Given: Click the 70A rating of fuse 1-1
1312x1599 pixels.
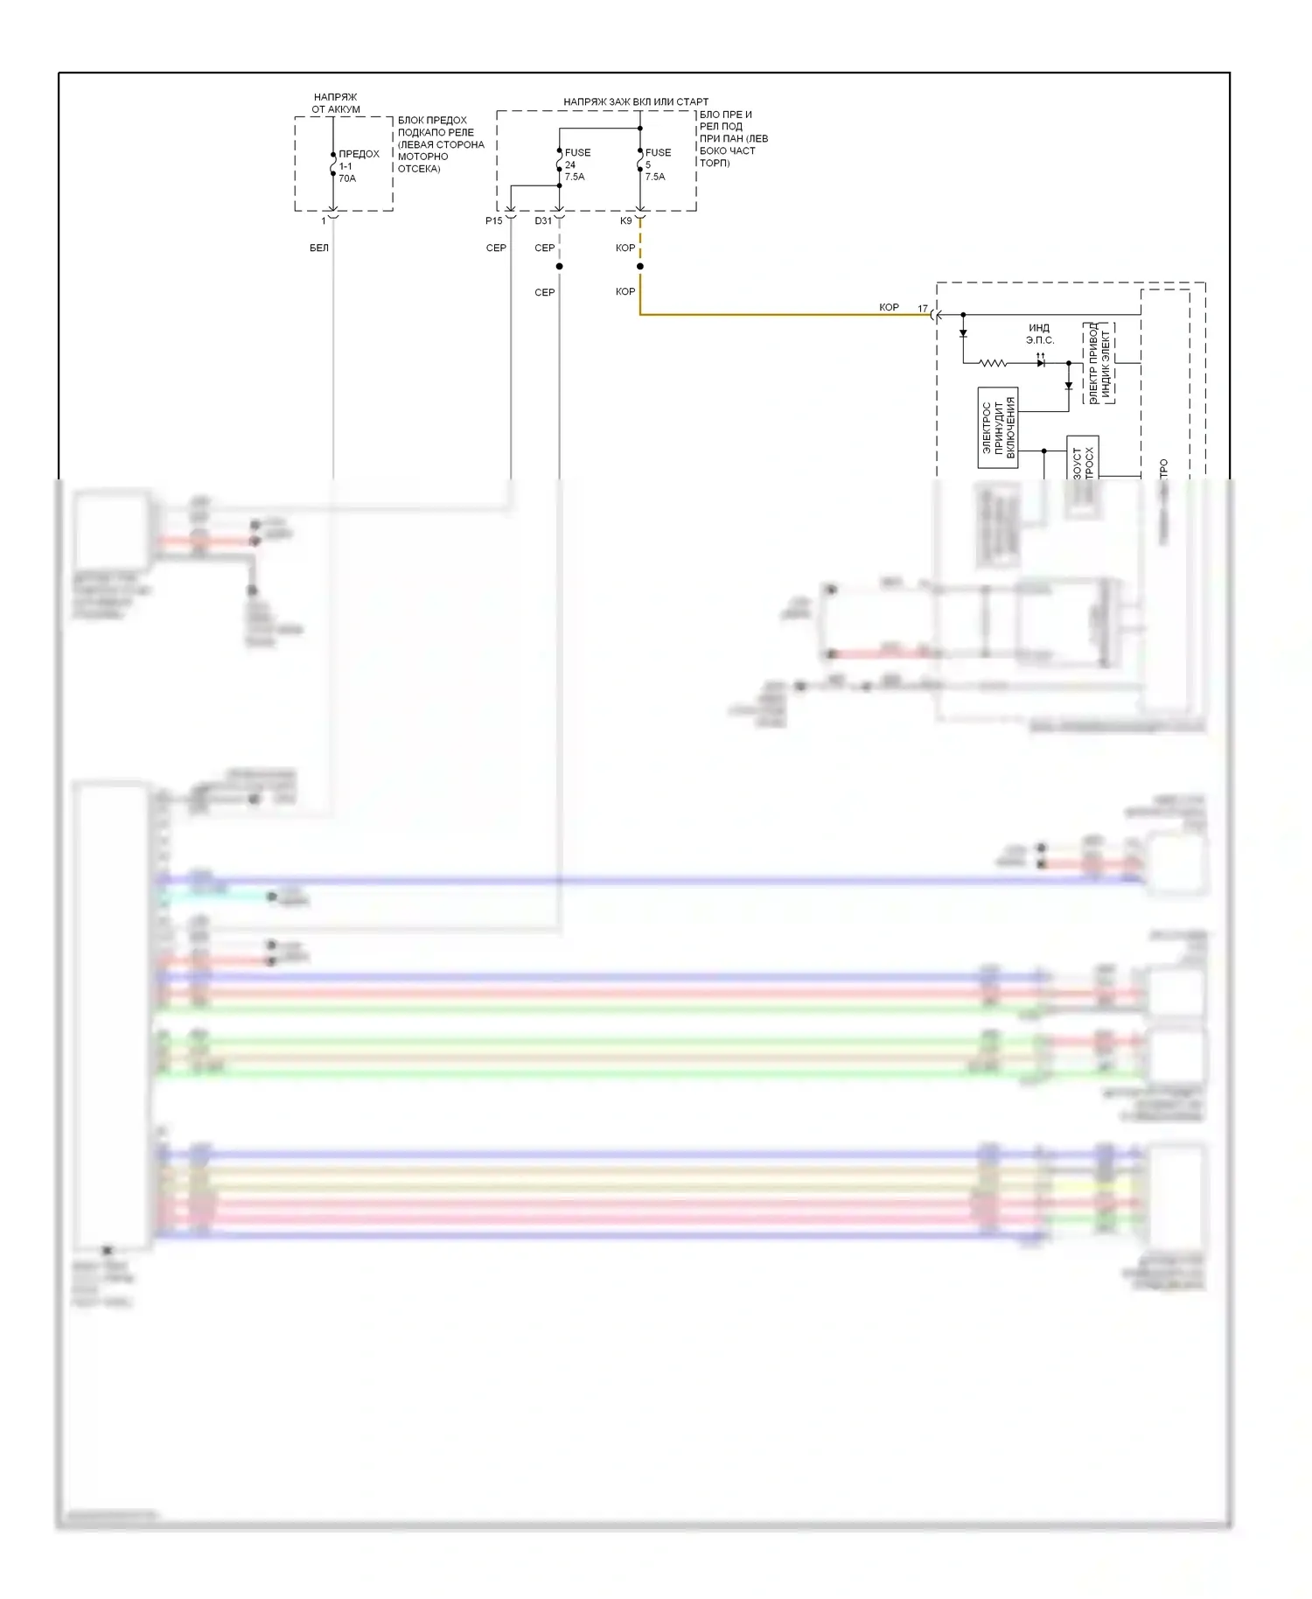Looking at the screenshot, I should click(347, 178).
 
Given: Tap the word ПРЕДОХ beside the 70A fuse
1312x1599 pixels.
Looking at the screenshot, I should click(359, 154).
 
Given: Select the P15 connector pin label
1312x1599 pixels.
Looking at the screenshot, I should click(493, 221).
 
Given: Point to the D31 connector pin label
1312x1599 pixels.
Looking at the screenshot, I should click(543, 221).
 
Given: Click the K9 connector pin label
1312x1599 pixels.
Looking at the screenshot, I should click(625, 221).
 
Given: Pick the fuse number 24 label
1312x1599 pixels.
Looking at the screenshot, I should click(570, 164).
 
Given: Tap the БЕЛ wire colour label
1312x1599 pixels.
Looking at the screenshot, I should click(319, 248).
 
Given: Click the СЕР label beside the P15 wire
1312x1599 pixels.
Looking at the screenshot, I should click(496, 248).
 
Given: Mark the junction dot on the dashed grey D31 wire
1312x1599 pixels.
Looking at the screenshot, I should click(559, 266).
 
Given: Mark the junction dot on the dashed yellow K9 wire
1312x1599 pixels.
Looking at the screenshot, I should click(640, 266).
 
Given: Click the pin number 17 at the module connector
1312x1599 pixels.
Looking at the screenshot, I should click(923, 309).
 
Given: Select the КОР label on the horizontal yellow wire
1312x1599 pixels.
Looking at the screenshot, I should click(889, 308).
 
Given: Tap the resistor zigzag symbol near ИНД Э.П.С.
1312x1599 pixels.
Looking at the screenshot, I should click(993, 363).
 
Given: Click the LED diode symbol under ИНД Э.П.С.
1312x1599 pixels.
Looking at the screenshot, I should click(1041, 362).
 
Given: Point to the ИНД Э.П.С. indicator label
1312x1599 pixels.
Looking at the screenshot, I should click(1039, 334).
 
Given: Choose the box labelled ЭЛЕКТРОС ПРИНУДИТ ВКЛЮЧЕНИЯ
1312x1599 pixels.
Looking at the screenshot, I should click(998, 428).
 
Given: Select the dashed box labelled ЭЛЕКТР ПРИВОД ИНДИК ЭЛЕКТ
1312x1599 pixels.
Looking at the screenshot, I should click(1099, 363).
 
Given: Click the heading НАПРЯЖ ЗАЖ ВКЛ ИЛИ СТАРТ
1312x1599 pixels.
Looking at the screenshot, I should click(636, 102).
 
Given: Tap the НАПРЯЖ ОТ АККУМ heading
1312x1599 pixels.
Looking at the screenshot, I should click(336, 103).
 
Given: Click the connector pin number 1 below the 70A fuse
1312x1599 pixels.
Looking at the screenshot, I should click(324, 221).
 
